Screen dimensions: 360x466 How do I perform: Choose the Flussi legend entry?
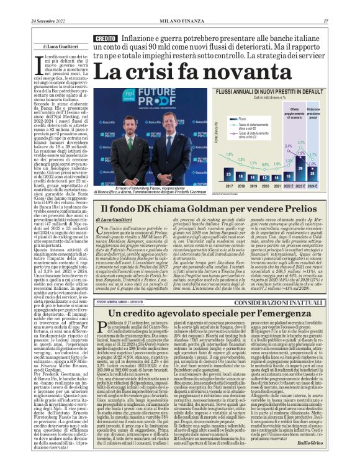click(x=242, y=117)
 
